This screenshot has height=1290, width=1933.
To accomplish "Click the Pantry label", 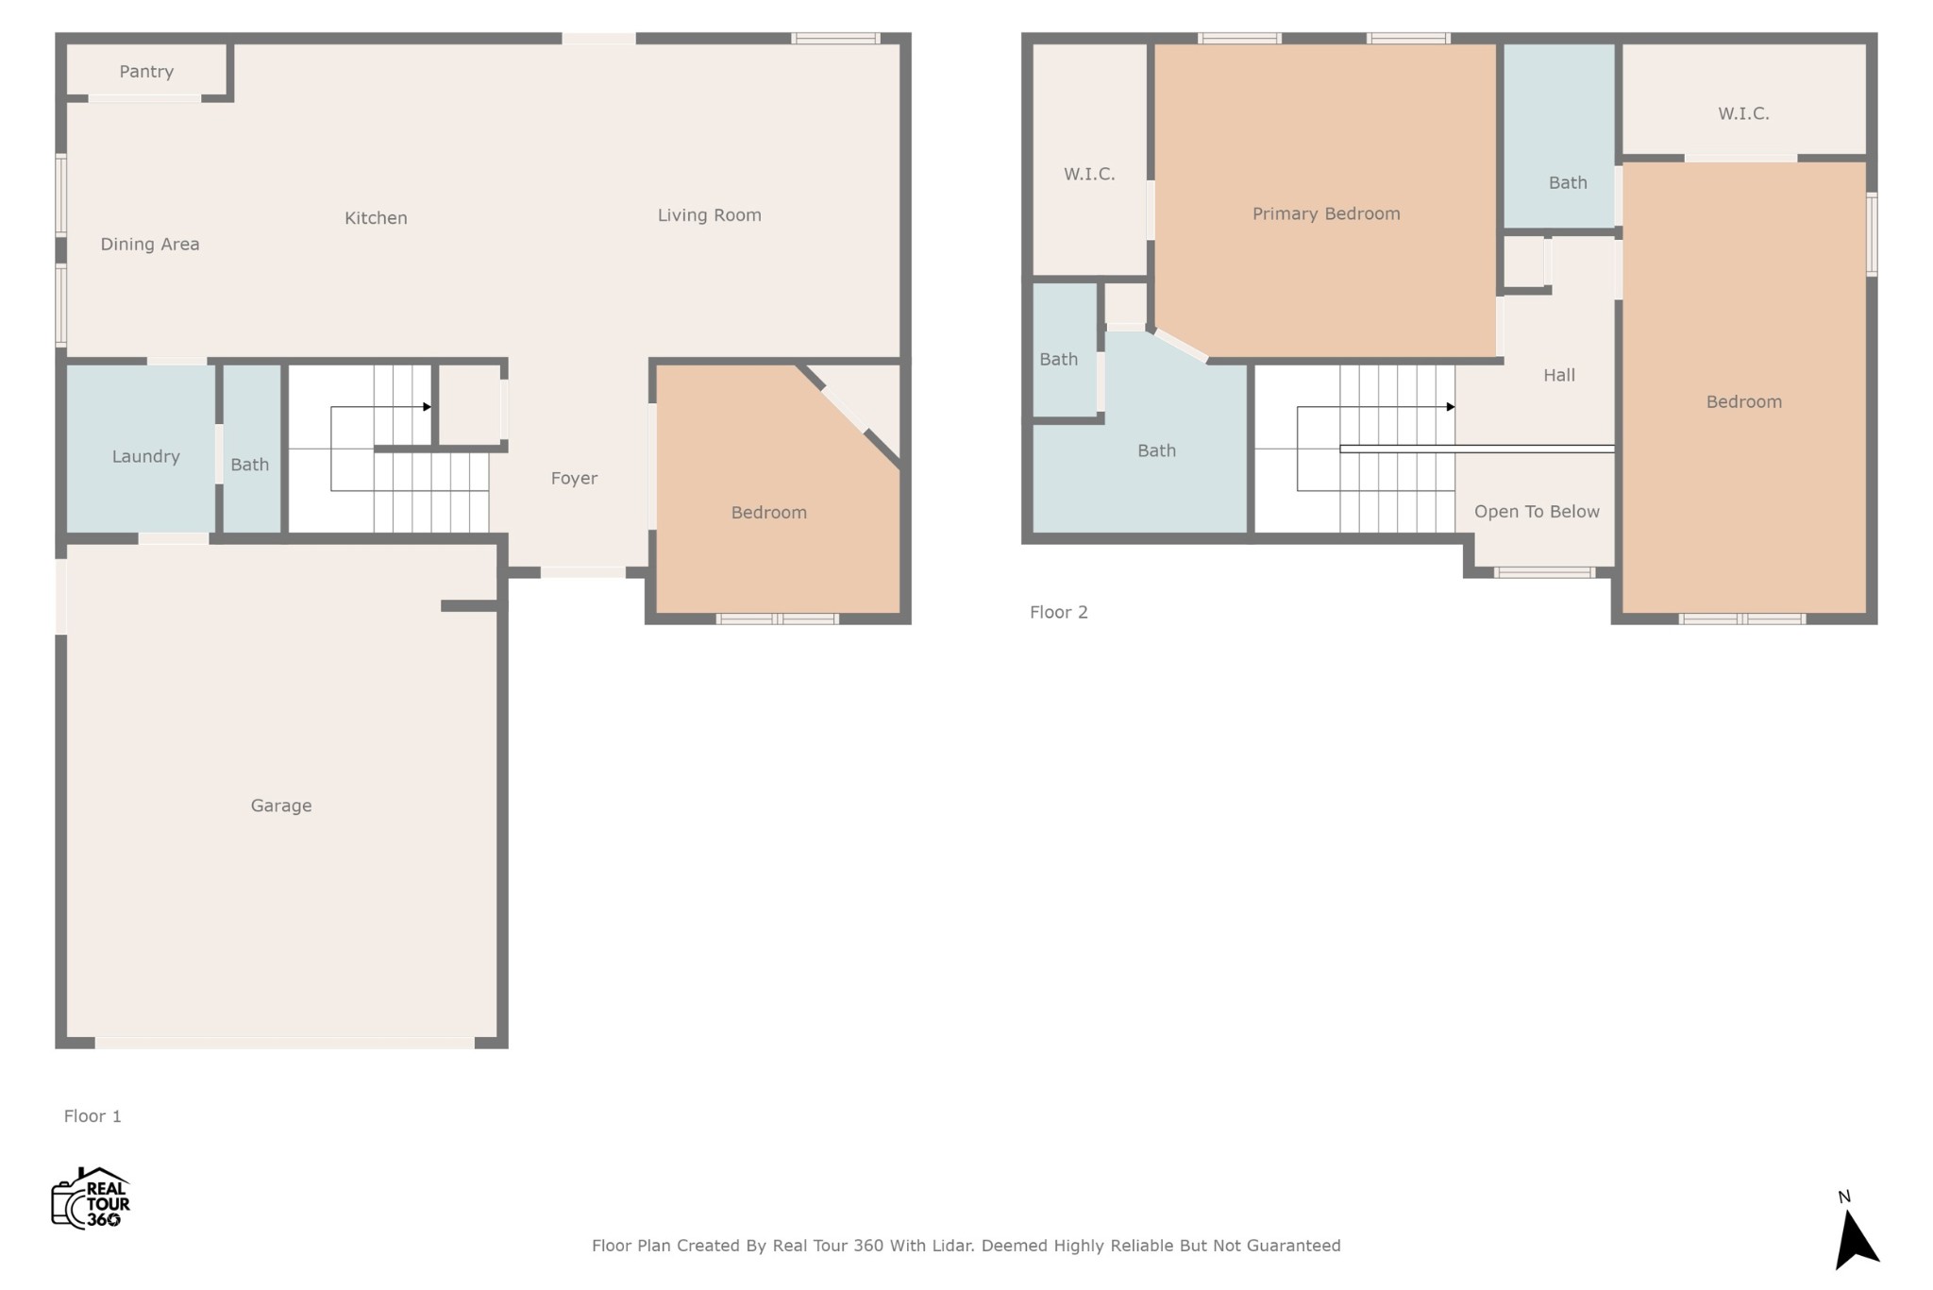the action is pyautogui.click(x=146, y=72).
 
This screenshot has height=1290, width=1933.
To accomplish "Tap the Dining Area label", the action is pyautogui.click(x=150, y=245).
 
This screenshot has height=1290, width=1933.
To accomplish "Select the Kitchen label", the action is pyautogui.click(x=376, y=218).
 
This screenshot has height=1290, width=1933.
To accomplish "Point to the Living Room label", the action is pyautogui.click(x=710, y=215).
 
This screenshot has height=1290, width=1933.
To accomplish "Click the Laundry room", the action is pyautogui.click(x=142, y=449).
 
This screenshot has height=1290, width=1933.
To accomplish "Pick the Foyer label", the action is pyautogui.click(x=574, y=479).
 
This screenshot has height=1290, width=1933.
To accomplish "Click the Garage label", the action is pyautogui.click(x=281, y=806).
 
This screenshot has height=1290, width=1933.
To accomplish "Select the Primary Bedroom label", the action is pyautogui.click(x=1326, y=214).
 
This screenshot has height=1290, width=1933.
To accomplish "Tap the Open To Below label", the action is pyautogui.click(x=1537, y=512).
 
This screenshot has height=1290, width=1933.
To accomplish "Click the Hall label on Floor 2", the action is pyautogui.click(x=1559, y=375).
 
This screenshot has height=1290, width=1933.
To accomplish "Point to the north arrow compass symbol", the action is pyautogui.click(x=1856, y=1237).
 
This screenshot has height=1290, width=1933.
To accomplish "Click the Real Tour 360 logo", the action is pyautogui.click(x=91, y=1198).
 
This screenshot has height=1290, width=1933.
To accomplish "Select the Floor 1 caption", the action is pyautogui.click(x=92, y=1116).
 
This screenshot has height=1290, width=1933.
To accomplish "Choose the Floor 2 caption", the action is pyautogui.click(x=1059, y=612).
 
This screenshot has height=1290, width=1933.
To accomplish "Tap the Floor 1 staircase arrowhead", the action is pyautogui.click(x=428, y=407).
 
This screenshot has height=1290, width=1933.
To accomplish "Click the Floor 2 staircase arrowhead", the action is pyautogui.click(x=1451, y=407).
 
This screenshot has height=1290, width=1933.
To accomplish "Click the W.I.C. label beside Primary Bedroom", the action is pyautogui.click(x=1089, y=175).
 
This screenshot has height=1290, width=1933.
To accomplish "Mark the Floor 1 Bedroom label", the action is pyautogui.click(x=769, y=513).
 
